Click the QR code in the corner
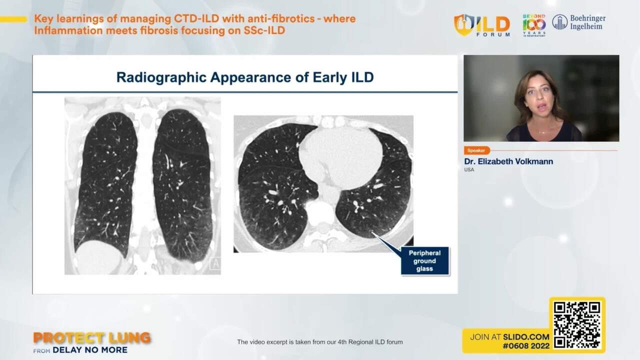tap(577, 325)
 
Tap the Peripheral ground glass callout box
tap(424, 261)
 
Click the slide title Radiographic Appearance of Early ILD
tap(245, 77)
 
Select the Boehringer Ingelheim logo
tap(579, 22)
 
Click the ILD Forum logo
tap(482, 25)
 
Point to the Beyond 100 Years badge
tap(534, 25)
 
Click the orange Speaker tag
tap(476, 150)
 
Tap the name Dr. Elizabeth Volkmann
tap(508, 161)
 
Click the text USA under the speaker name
tap(469, 170)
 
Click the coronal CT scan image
tap(142, 185)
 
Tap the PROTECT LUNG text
tap(92, 338)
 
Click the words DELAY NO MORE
tap(90, 350)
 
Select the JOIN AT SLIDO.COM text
tap(509, 337)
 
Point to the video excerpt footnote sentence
tap(319, 342)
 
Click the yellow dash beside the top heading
tap(13, 19)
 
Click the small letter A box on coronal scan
tap(215, 263)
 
